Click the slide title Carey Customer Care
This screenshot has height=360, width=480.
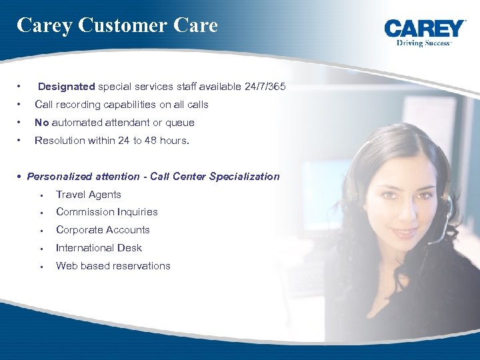[117, 25]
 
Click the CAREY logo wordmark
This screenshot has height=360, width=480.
[425, 29]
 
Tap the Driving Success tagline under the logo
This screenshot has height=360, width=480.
[424, 43]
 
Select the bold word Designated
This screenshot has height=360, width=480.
[67, 87]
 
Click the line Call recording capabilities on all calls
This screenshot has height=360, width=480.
[121, 105]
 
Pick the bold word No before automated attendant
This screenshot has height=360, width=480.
[41, 123]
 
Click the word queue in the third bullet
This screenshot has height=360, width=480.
[181, 123]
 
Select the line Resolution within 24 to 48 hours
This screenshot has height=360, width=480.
[112, 141]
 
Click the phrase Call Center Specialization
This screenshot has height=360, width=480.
[215, 177]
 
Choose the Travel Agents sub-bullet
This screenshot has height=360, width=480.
[89, 195]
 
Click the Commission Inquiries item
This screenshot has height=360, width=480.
[107, 212]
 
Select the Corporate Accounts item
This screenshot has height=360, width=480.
[103, 230]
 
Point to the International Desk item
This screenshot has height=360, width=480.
[99, 248]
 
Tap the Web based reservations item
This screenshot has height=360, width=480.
[113, 266]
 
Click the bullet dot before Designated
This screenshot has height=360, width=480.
[21, 87]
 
